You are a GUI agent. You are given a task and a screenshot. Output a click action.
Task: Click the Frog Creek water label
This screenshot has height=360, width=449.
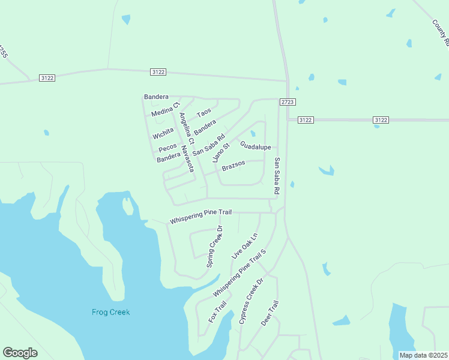(110, 312)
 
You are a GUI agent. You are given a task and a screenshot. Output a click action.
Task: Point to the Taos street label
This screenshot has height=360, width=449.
(204, 113)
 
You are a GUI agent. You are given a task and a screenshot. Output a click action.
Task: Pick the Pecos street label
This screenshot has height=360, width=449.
(167, 148)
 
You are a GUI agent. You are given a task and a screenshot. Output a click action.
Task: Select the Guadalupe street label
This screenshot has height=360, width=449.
(256, 146)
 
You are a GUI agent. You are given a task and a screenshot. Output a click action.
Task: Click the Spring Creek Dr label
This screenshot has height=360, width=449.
(215, 247)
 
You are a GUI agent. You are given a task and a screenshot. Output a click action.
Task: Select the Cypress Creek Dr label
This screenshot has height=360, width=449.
(252, 302)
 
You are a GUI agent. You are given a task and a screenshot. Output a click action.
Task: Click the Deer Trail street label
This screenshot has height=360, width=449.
(270, 313)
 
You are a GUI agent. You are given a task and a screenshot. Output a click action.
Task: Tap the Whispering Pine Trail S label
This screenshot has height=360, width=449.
(239, 274)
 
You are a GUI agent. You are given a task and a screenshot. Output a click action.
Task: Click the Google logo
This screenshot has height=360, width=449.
(20, 353)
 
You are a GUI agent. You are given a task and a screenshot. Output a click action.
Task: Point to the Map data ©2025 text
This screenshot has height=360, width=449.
(423, 355)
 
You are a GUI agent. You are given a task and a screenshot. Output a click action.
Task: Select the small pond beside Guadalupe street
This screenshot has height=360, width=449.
(253, 133)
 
